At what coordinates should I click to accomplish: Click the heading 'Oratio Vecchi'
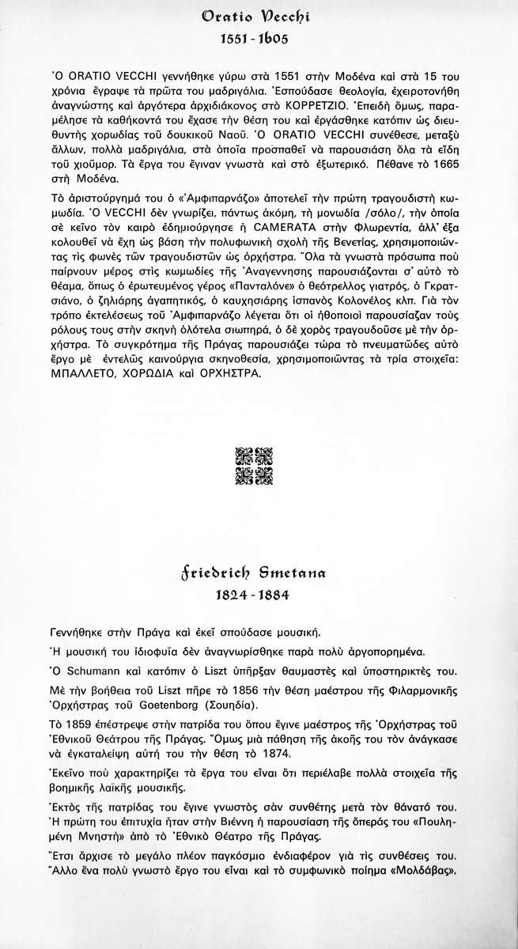click(259, 16)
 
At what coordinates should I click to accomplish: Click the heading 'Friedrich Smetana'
click(259, 571)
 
